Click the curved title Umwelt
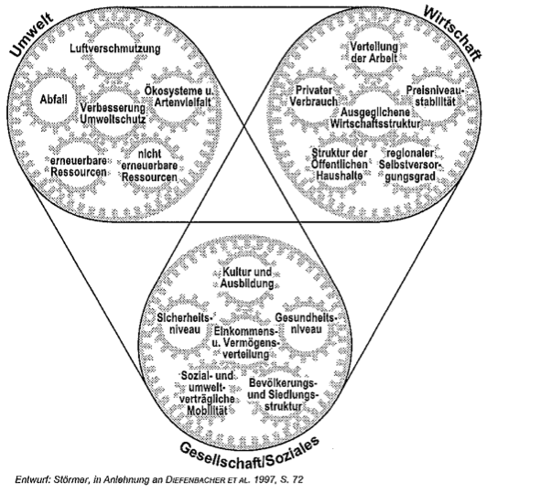[32, 35]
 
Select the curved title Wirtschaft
[452, 33]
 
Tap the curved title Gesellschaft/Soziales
[249, 453]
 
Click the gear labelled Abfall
[53, 100]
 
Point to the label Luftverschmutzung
[115, 48]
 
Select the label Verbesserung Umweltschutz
[113, 113]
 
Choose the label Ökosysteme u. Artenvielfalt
[179, 97]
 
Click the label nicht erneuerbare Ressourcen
[149, 166]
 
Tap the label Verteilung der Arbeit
[374, 52]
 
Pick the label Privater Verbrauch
[314, 96]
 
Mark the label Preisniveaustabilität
[435, 96]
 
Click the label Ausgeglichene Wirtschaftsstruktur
[375, 118]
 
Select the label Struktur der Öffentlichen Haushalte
[340, 164]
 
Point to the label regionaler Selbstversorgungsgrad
[410, 165]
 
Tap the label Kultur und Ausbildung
[247, 278]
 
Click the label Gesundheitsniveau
[307, 323]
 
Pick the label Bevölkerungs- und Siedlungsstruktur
[283, 394]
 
